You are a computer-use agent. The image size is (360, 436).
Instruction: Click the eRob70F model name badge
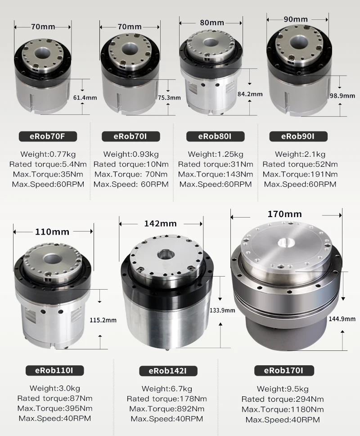coord(48,136)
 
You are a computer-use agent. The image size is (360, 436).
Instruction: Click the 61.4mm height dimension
coord(85,97)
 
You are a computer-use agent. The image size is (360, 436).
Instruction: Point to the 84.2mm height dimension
coord(249,94)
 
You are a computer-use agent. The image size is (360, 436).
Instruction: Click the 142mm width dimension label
coord(160,223)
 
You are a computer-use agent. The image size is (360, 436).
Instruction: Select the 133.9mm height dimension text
coord(222,310)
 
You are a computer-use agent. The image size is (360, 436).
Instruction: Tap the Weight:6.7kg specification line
coord(166,389)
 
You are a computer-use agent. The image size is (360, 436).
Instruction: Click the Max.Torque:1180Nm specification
coord(283,409)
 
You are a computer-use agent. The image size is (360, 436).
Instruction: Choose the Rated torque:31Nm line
coord(215,164)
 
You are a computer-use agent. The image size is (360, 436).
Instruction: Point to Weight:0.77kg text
coord(48,154)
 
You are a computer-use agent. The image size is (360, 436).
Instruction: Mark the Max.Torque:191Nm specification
coord(300,174)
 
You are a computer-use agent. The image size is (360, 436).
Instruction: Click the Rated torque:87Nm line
coord(55,398)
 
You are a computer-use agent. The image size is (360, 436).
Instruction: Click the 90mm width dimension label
coord(296,19)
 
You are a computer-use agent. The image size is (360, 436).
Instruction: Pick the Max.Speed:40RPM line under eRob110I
coord(55,418)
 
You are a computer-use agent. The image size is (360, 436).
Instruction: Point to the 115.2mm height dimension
coord(103,320)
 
